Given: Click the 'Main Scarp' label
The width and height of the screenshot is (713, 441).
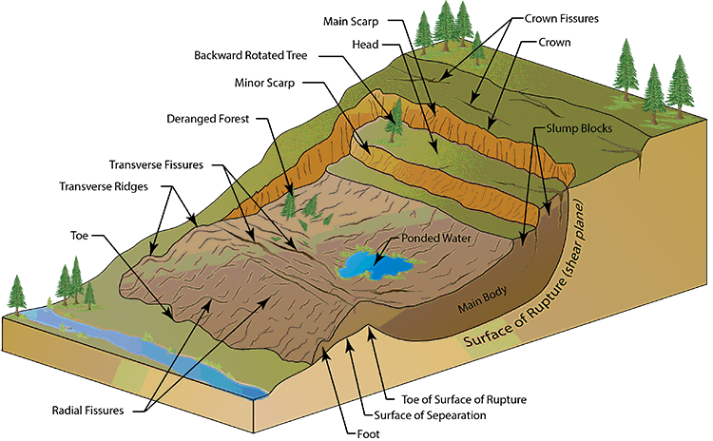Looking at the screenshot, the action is point(351,21).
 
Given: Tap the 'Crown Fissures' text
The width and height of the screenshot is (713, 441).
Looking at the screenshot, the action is point(562,19).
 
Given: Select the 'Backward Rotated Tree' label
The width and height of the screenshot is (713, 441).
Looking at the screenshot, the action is point(251,55).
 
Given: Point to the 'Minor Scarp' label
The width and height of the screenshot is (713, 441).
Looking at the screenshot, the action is point(264,83).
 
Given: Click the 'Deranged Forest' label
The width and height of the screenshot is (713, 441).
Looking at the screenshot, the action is point(208,119).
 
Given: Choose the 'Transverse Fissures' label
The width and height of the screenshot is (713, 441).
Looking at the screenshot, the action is point(156,164).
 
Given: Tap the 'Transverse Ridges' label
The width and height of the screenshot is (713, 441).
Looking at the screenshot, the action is point(104,186).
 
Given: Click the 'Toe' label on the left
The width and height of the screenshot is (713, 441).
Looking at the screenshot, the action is point(79,236).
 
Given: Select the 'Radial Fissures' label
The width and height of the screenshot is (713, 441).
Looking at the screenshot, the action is point(87,411).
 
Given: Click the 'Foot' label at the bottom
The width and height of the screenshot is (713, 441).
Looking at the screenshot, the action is point(368,434).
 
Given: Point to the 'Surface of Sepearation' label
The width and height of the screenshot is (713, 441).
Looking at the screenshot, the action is point(430,415).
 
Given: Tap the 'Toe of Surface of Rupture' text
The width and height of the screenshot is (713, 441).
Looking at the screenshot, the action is point(464,399).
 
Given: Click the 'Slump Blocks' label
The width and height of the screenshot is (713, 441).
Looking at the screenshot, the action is point(579,128).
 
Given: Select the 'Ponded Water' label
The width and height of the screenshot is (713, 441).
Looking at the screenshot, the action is point(436,239).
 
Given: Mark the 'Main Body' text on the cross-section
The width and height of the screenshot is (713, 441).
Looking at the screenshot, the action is point(482,300).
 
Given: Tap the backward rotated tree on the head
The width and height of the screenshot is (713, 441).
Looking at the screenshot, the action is point(394,121).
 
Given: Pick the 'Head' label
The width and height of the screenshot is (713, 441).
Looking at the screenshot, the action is point(365,45).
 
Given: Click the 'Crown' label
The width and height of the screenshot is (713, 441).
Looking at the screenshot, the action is point(554,42).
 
